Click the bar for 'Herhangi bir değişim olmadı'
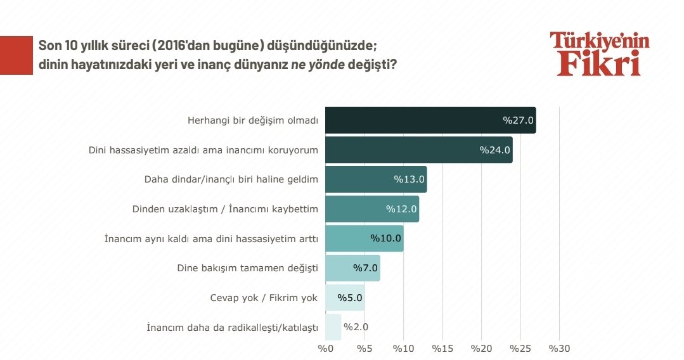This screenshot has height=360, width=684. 430,120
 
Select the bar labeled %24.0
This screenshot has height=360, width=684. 418,150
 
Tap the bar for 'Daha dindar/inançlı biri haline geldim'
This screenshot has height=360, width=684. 375,179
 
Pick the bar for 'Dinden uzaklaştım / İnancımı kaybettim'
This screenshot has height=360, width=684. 371,209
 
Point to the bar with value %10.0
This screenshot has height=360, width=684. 364,238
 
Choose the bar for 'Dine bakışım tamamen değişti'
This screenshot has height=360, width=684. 352,267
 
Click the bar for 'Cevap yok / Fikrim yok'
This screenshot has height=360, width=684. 344,297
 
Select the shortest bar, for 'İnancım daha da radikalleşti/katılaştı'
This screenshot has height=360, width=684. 333,327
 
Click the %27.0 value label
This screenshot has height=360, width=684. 519,120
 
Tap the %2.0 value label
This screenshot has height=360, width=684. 356,327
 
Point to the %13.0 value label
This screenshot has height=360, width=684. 409,179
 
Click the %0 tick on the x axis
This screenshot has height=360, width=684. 325,347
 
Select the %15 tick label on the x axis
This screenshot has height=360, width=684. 442,347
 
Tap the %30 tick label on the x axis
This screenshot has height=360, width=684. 559,347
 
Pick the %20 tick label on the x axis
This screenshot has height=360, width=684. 481,347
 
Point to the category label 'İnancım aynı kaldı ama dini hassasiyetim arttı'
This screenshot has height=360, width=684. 210,238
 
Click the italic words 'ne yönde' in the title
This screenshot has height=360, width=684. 318,65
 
